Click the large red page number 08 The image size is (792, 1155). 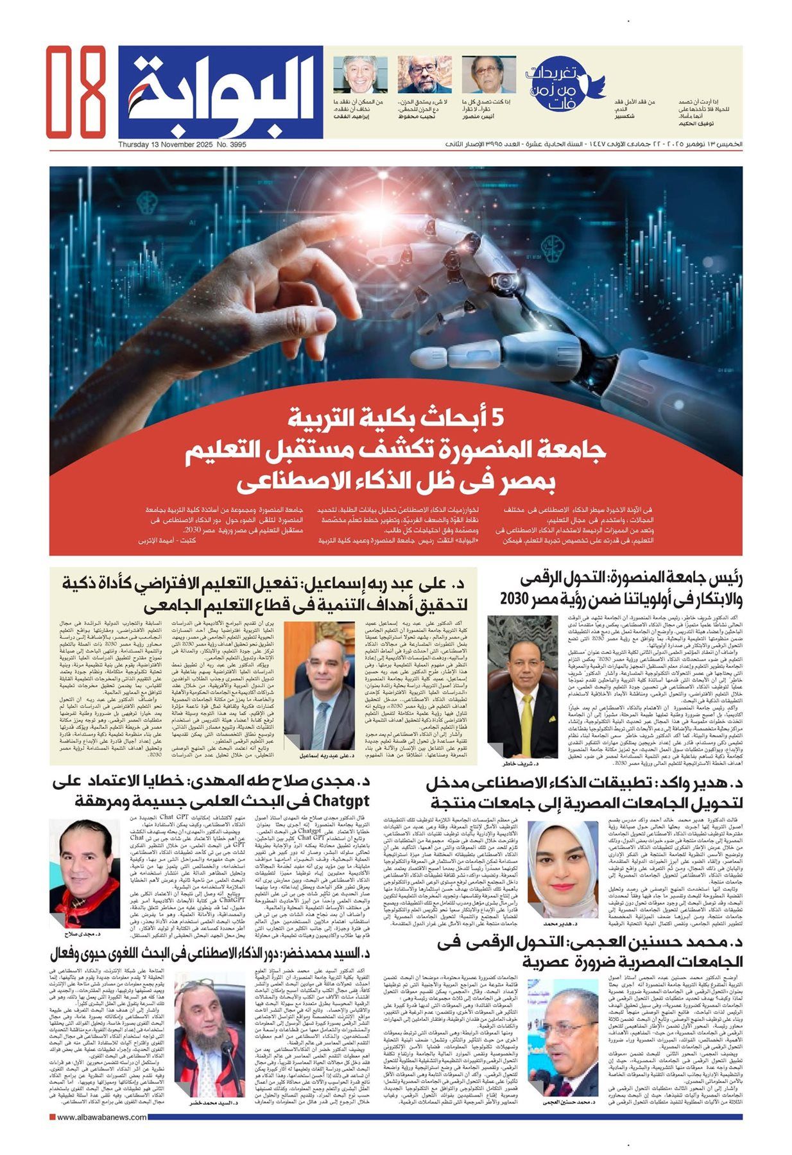coord(75,91)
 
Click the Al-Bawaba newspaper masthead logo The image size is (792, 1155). coord(221,91)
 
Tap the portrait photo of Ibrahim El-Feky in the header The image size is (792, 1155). coord(359,75)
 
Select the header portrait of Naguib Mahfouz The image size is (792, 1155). coord(424,75)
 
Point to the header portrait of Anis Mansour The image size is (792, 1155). coord(488,75)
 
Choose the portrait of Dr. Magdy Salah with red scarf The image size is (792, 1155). coord(85,872)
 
